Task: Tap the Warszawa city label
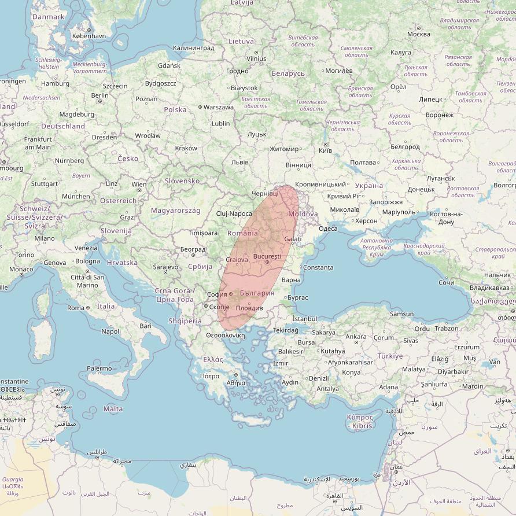(219, 107)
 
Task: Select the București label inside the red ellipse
(267, 256)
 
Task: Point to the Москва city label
(418, 34)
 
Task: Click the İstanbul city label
(305, 319)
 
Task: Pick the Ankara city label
(355, 337)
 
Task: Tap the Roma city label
(76, 308)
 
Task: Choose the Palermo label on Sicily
(99, 368)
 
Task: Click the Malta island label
(113, 409)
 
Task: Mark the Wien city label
(139, 185)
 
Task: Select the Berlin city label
(99, 95)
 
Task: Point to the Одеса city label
(328, 228)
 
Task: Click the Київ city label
(326, 150)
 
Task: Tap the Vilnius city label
(256, 58)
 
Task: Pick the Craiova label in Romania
(237, 260)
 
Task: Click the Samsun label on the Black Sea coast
(401, 314)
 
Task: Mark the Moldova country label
(303, 214)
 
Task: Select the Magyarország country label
(175, 211)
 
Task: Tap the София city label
(217, 294)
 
